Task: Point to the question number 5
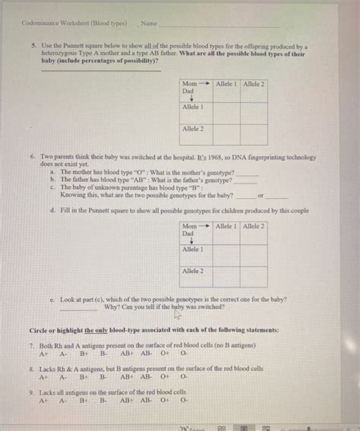pyautogui.click(x=34, y=46)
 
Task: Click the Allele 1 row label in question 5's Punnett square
pyautogui.click(x=193, y=108)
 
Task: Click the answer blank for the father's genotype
pyautogui.click(x=245, y=181)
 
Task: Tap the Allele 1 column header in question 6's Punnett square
pyautogui.click(x=226, y=226)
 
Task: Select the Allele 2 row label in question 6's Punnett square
pyautogui.click(x=193, y=272)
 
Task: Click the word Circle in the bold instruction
pyautogui.click(x=38, y=331)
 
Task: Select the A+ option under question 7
pyautogui.click(x=44, y=353)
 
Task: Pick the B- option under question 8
pyautogui.click(x=103, y=376)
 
